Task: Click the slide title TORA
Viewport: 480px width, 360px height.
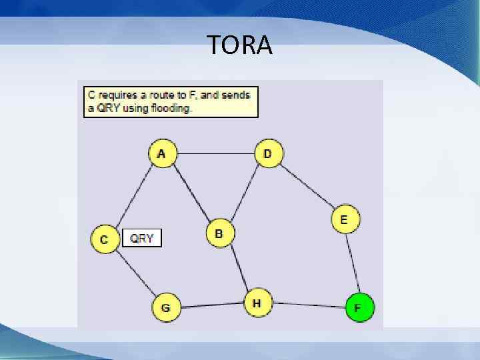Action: pos(239,45)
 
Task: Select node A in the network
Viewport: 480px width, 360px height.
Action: pos(162,154)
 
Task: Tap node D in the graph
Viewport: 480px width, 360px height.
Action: pos(269,154)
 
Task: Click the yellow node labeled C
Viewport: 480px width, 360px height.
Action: pos(105,239)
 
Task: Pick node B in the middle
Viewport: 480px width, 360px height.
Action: pos(219,233)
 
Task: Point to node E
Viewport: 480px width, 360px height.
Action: pos(345,219)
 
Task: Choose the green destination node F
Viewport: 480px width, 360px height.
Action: pos(359,307)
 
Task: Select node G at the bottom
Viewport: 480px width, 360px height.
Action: pos(166,307)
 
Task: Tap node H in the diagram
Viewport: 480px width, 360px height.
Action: pos(257,303)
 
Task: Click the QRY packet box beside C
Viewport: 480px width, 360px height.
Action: pos(142,238)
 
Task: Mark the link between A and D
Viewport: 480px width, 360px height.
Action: pos(215,154)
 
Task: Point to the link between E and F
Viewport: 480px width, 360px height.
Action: pos(352,263)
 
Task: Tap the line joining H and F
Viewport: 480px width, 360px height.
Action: pos(308,305)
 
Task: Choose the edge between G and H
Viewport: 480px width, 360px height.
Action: pos(211,305)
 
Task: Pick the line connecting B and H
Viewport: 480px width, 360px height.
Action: pos(238,269)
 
